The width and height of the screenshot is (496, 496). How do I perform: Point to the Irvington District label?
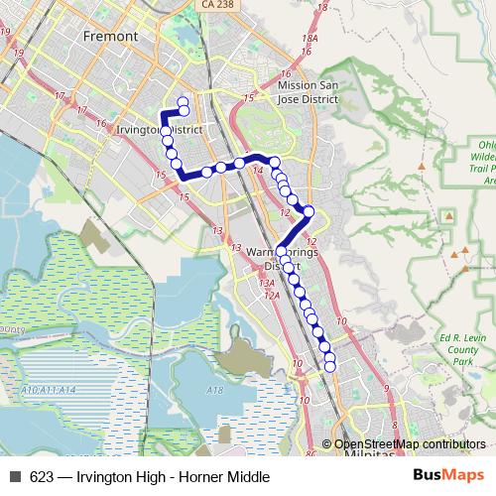click(x=160, y=130)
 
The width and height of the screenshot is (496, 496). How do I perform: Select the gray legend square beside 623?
click(x=15, y=477)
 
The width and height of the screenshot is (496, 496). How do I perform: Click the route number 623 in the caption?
click(x=42, y=477)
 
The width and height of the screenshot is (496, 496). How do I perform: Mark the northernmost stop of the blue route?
click(x=183, y=101)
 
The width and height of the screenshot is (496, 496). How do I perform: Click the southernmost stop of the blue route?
click(x=330, y=367)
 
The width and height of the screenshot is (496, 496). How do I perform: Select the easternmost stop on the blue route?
click(x=309, y=210)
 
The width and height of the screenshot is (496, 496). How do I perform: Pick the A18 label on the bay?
click(x=215, y=391)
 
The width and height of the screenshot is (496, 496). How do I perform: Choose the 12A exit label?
click(x=271, y=296)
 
